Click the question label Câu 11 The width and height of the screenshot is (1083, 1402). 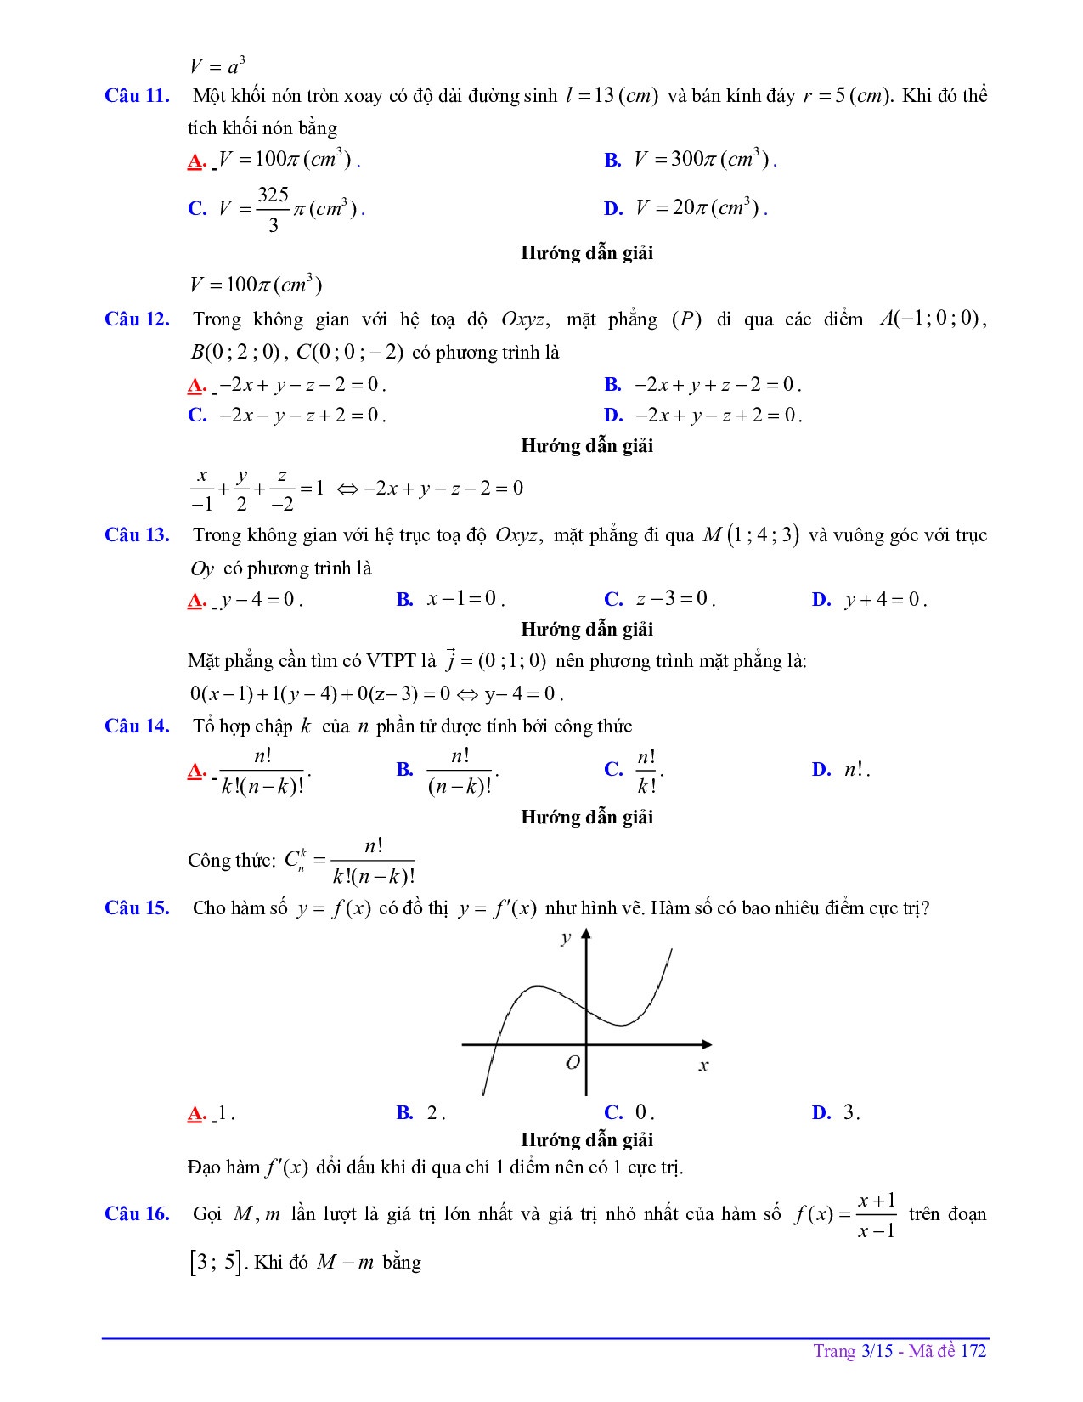pos(137,95)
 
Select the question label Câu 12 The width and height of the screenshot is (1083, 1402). pos(137,319)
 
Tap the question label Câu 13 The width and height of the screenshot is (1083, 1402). pos(137,535)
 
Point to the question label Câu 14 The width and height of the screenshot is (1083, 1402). pos(137,726)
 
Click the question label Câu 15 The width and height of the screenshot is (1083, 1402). pos(137,908)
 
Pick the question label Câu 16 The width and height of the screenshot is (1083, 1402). pos(137,1214)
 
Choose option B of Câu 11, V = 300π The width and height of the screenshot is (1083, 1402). pos(690,160)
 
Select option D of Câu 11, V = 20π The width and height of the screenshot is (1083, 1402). pos(685,208)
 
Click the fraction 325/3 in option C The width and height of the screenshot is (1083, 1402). pos(274,209)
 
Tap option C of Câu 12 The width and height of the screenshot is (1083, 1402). pos(287,416)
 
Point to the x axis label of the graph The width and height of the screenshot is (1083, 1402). pos(703,1066)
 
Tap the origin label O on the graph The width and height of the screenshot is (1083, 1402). pos(573,1063)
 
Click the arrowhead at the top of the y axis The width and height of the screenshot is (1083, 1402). pos(586,935)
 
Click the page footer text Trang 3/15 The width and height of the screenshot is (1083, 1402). pos(853,1351)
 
